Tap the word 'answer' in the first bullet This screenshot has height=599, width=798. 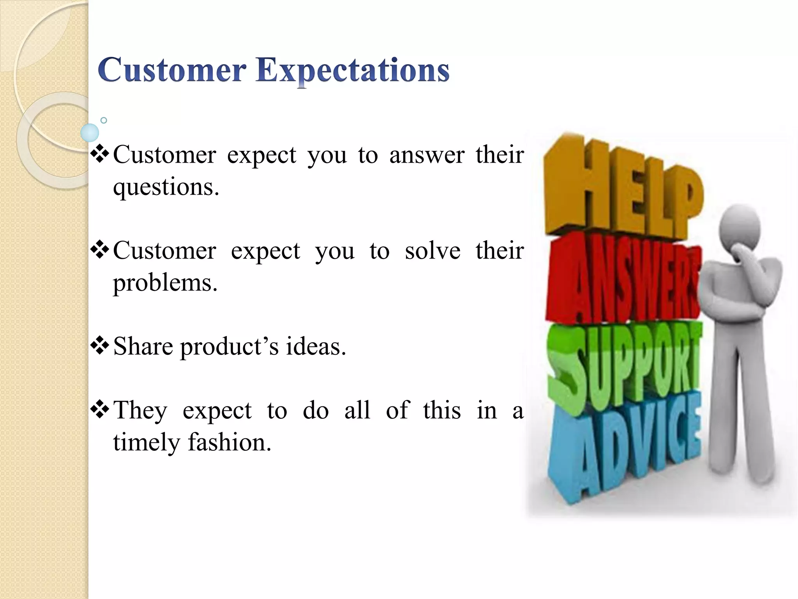pyautogui.click(x=427, y=155)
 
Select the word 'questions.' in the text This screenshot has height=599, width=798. pyautogui.click(x=166, y=188)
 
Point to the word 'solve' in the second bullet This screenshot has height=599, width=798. pyautogui.click(x=433, y=250)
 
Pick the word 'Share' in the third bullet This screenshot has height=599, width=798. pyautogui.click(x=143, y=346)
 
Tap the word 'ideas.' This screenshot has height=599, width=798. pyautogui.click(x=316, y=346)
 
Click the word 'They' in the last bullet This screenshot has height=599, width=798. pyautogui.click(x=140, y=410)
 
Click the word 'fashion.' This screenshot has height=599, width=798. pyautogui.click(x=230, y=442)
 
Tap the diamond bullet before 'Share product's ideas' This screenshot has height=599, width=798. pyautogui.click(x=100, y=346)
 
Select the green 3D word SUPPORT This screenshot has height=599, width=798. pyautogui.click(x=623, y=363)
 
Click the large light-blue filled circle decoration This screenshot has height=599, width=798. pyautogui.click(x=90, y=133)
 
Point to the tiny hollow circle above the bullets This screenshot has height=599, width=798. pyautogui.click(x=104, y=120)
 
